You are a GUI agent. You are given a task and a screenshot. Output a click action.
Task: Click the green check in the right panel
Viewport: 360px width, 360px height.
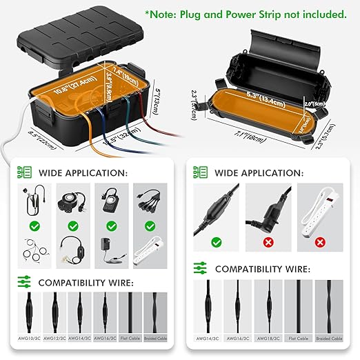click(x=217, y=242)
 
